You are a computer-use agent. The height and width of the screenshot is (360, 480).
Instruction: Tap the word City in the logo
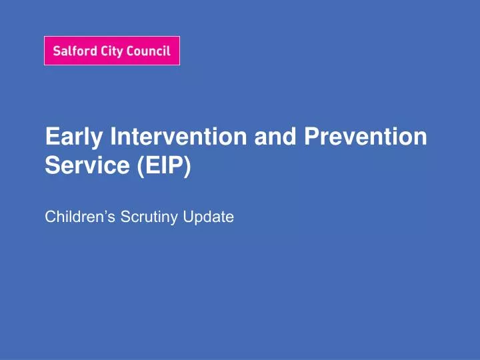click(110, 51)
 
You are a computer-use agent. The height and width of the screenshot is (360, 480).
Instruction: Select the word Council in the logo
click(147, 51)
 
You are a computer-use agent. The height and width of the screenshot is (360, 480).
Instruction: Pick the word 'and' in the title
click(275, 136)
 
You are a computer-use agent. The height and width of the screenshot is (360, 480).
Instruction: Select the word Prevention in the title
click(365, 136)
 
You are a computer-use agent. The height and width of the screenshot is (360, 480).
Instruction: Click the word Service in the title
click(87, 165)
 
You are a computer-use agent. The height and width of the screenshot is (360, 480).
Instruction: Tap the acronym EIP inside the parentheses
click(162, 165)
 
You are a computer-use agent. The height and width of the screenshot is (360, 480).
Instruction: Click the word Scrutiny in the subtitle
click(143, 216)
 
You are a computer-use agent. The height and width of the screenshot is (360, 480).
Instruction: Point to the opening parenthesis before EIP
click(140, 165)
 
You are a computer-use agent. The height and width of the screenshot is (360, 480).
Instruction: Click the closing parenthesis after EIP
click(186, 165)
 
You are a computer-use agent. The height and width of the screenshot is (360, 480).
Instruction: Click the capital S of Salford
click(56, 51)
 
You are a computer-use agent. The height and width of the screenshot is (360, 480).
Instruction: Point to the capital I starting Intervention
click(113, 136)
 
